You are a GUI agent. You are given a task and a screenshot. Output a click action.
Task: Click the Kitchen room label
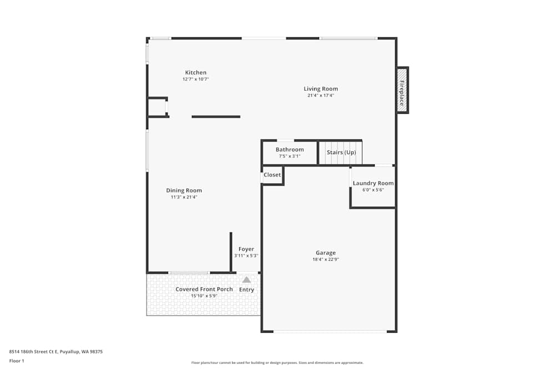[x=195, y=73]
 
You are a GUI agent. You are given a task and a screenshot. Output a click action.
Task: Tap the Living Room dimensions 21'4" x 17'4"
[x=320, y=95]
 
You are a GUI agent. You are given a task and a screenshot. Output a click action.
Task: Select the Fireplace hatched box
[x=402, y=90]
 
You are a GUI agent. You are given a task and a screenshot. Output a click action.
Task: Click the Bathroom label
[x=290, y=150]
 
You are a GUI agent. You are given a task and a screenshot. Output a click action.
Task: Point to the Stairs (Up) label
[x=341, y=153]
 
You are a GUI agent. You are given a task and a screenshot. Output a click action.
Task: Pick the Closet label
[x=272, y=175]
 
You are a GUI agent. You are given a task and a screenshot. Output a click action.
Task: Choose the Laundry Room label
[x=373, y=183]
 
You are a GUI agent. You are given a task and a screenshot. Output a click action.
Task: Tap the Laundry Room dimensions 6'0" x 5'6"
[x=373, y=190]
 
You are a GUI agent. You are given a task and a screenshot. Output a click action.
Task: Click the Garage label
[x=326, y=253]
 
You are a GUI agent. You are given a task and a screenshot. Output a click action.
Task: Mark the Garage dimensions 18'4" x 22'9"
[x=326, y=259]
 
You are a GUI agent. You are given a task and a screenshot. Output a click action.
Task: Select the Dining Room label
[x=184, y=190]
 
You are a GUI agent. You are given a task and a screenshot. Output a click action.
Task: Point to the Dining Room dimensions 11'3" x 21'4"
[x=184, y=197]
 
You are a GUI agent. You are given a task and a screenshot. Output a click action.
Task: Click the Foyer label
[x=246, y=249]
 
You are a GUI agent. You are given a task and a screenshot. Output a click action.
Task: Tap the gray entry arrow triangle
[x=246, y=280]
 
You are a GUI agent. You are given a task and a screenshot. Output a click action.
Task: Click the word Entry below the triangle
[x=246, y=290]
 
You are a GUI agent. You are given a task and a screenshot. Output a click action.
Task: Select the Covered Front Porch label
[x=204, y=289]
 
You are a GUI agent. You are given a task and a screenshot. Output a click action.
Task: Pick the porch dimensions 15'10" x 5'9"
[x=204, y=296]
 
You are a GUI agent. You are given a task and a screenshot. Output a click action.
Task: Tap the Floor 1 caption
[x=17, y=361]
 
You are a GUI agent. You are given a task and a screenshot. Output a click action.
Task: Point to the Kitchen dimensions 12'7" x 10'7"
[x=195, y=79]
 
